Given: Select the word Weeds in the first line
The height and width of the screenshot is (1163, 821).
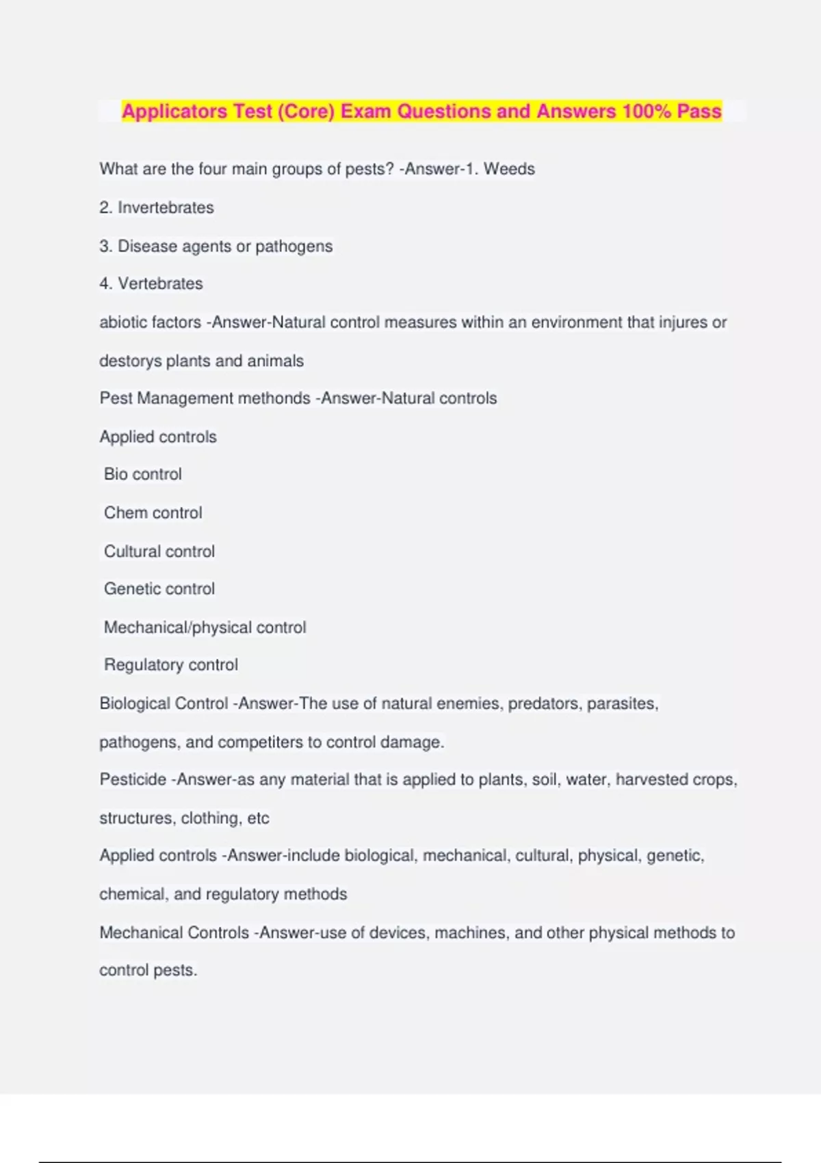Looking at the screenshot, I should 509,169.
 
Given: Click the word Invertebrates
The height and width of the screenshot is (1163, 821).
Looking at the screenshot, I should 166,207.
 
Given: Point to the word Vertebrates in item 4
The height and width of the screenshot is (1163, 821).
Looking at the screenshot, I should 160,283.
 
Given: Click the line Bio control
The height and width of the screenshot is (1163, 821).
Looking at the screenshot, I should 143,474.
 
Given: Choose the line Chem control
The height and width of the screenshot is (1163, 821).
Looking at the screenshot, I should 153,512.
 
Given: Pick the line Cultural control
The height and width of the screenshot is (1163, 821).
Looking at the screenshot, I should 159,551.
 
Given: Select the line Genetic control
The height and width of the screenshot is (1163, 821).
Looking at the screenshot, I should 159,588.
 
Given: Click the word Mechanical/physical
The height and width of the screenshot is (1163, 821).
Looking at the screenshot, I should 178,627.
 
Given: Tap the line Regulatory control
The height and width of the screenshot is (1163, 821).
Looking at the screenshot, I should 171,664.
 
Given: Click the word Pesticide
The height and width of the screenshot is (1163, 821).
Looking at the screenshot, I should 133,779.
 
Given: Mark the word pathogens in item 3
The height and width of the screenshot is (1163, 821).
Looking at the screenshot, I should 294,246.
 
